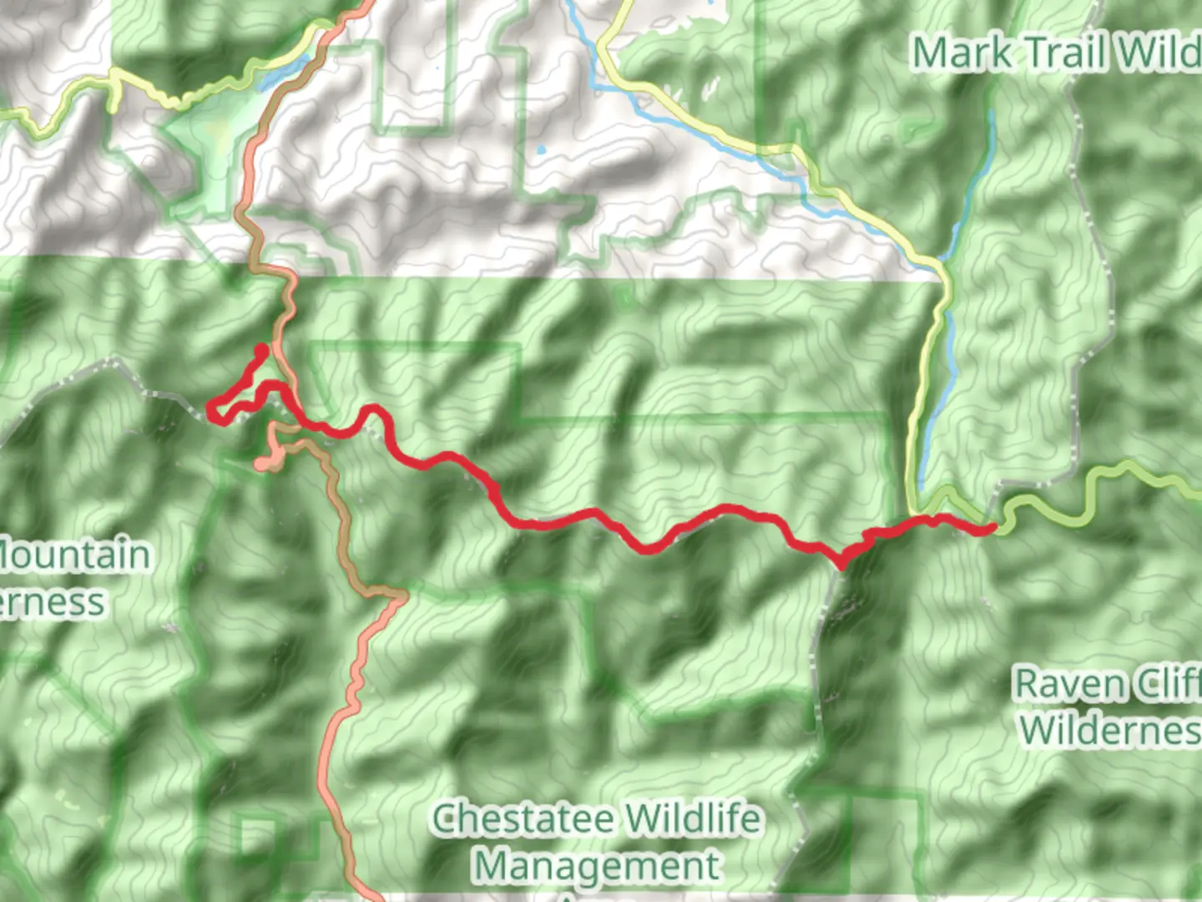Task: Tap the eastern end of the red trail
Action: click(x=991, y=528)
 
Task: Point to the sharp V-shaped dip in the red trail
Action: click(x=841, y=564)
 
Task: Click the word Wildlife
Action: click(x=692, y=819)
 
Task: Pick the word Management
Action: click(x=596, y=866)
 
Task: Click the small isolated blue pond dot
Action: click(x=542, y=150)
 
